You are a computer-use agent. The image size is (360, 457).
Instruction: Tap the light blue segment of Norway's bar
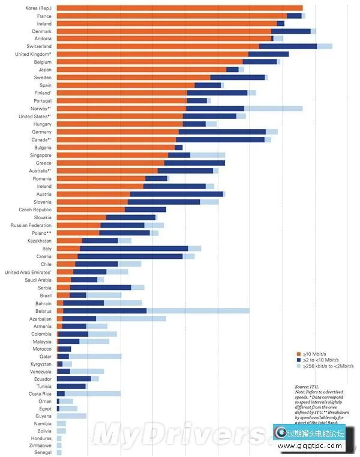click(273, 109)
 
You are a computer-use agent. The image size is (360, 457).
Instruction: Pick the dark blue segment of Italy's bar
click(134, 249)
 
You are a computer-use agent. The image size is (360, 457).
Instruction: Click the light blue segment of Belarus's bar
click(197, 311)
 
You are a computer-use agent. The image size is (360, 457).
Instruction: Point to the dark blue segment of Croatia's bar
click(130, 256)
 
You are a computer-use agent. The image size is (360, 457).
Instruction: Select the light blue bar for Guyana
click(71, 416)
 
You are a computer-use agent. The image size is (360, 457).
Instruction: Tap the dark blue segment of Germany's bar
click(222, 132)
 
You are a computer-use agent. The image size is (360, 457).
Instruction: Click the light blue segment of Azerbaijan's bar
click(131, 319)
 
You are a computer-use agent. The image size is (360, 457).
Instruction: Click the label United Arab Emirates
click(28, 272)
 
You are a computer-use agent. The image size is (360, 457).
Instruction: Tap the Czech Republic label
click(35, 210)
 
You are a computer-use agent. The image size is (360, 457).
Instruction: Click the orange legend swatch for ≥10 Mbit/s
click(298, 354)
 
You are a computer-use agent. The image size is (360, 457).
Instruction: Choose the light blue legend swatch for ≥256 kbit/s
click(298, 365)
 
